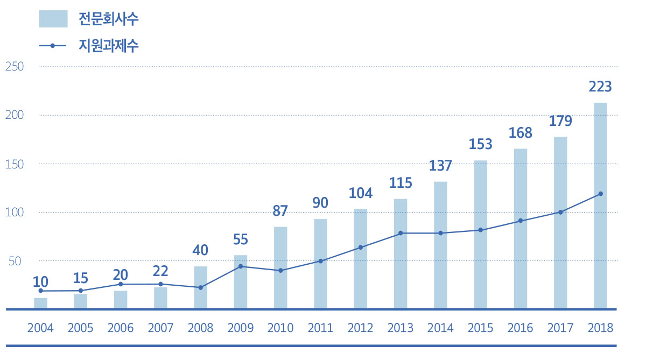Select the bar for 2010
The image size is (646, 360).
pyautogui.click(x=280, y=267)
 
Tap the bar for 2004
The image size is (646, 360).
pyautogui.click(x=41, y=303)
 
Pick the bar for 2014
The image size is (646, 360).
pyautogui.click(x=440, y=245)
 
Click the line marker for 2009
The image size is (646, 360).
pyautogui.click(x=241, y=266)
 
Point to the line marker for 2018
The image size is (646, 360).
pyautogui.click(x=600, y=194)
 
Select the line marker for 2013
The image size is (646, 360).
pyautogui.click(x=401, y=233)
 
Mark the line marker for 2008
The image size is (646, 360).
pyautogui.click(x=201, y=287)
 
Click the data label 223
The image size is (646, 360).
pyautogui.click(x=600, y=87)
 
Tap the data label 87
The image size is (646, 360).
pyautogui.click(x=280, y=210)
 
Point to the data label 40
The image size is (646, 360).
pyautogui.click(x=200, y=250)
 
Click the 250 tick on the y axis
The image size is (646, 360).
pyautogui.click(x=14, y=67)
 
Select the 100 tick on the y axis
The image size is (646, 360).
pyautogui.click(x=14, y=213)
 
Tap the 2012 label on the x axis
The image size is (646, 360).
pyautogui.click(x=360, y=328)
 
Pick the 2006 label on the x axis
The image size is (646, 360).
pyautogui.click(x=121, y=328)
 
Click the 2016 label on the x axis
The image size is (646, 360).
pyautogui.click(x=520, y=328)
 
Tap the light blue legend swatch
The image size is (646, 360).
pyautogui.click(x=53, y=19)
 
